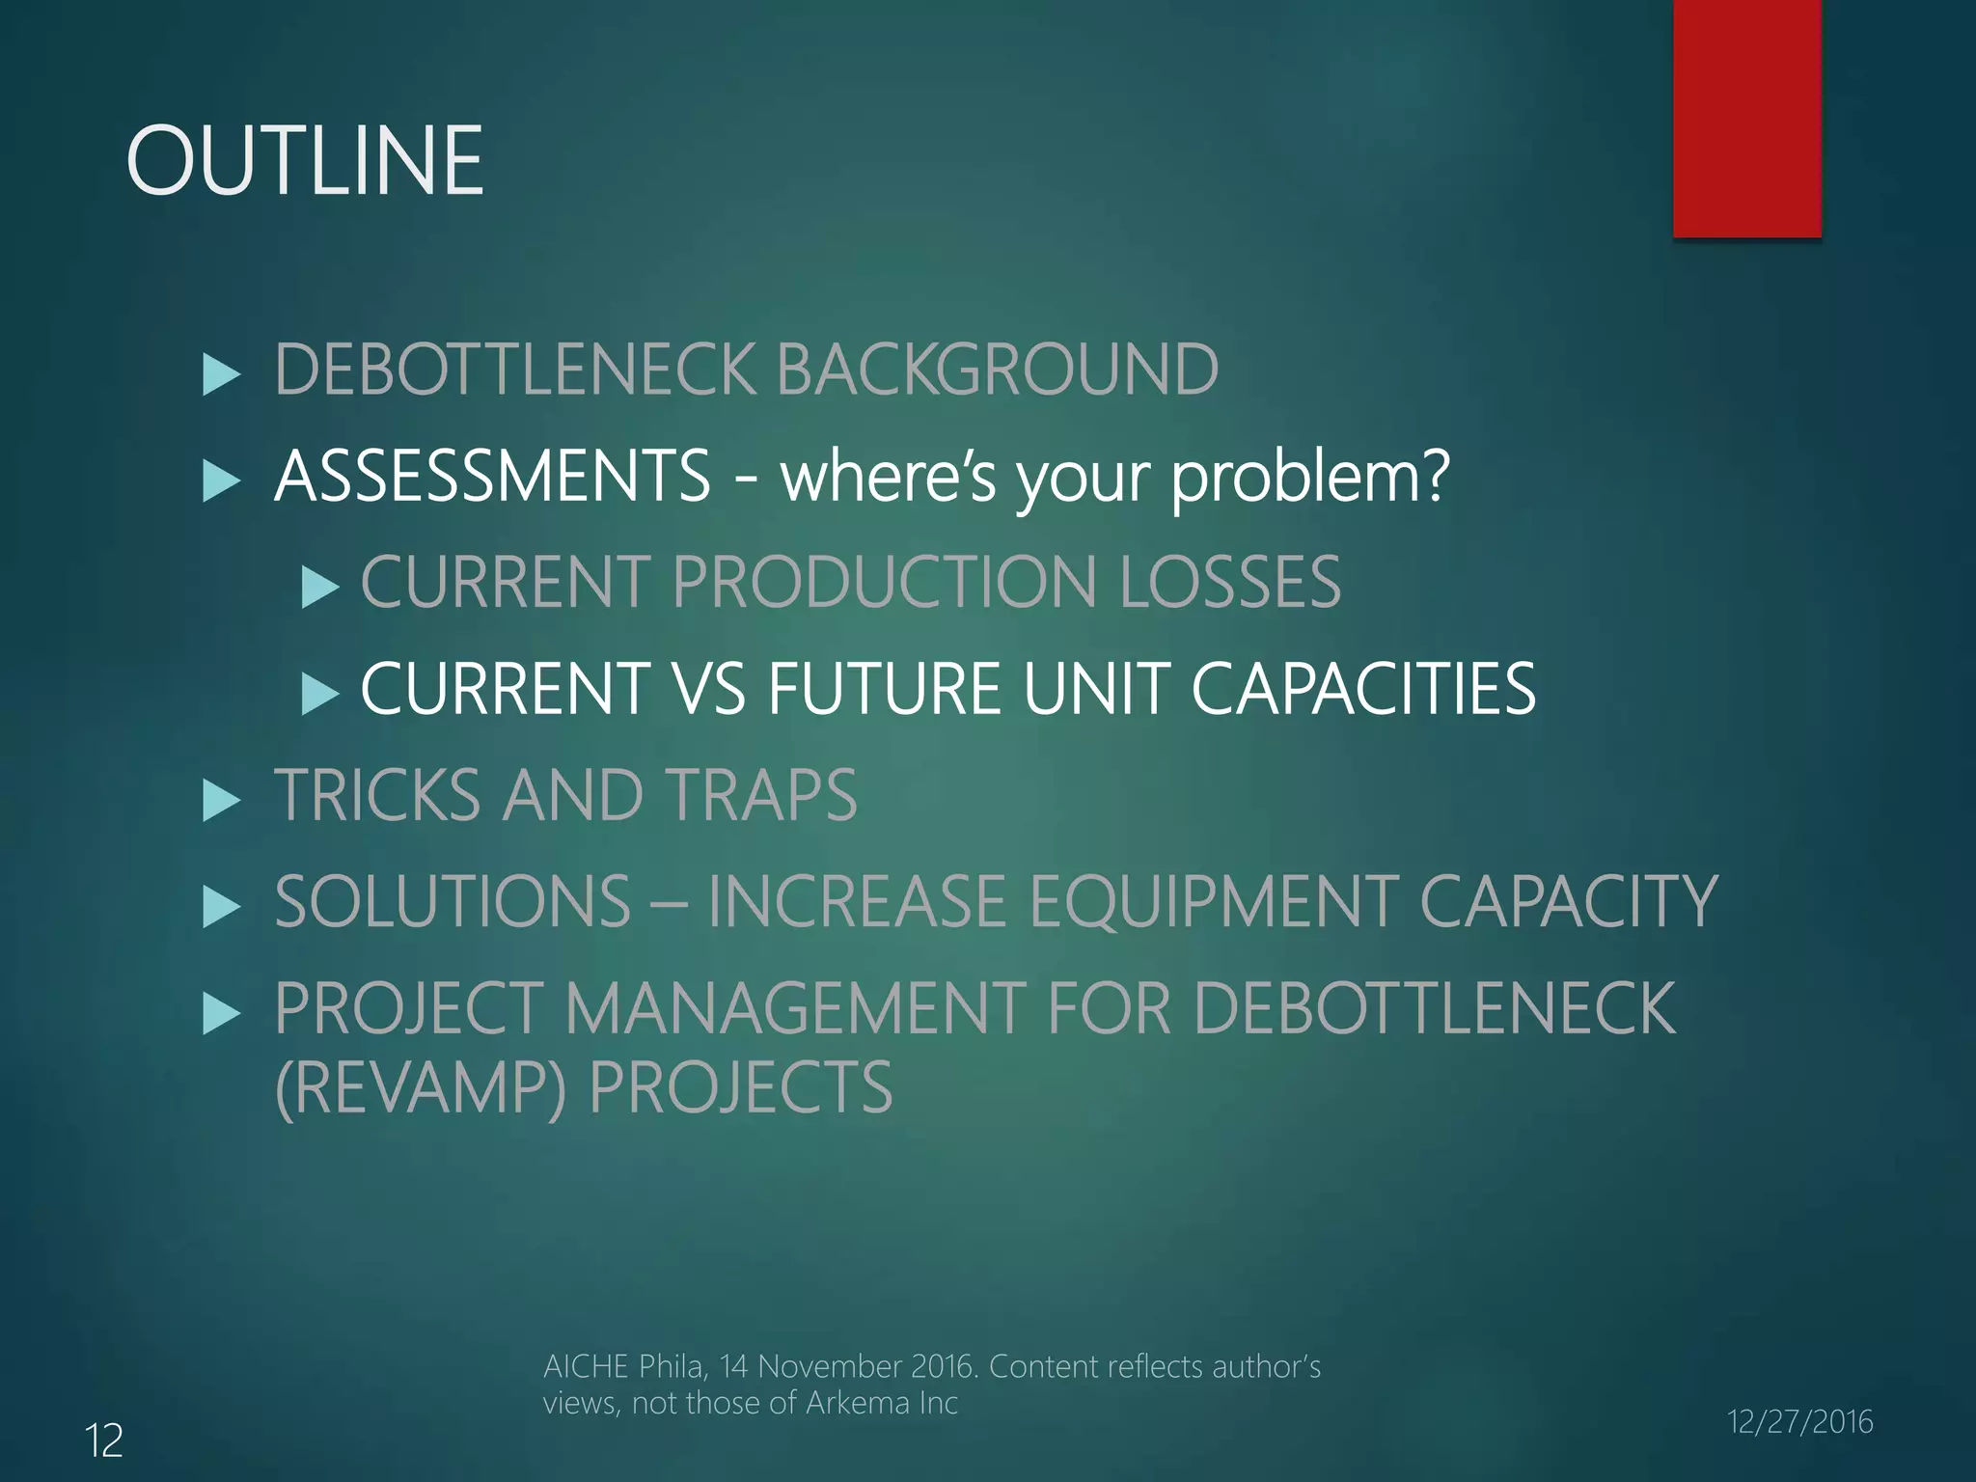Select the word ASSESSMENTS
(x=492, y=476)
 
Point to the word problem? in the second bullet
(x=1309, y=478)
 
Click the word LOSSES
(x=1229, y=583)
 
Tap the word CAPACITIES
(x=1363, y=689)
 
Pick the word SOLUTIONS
(x=453, y=902)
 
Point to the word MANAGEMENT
(x=795, y=1009)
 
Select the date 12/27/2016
(x=1799, y=1422)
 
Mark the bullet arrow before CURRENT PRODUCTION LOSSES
(x=319, y=587)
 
